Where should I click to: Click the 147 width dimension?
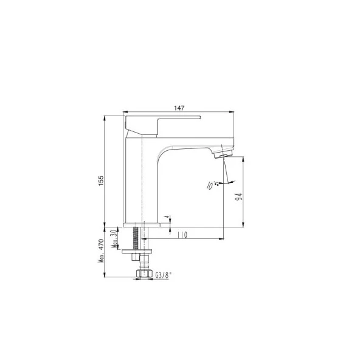tap(179, 108)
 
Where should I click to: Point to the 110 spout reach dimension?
tap(182, 235)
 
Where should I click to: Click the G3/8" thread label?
tap(163, 275)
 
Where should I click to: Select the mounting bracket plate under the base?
tap(137, 250)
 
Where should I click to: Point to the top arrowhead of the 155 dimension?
tap(106, 116)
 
